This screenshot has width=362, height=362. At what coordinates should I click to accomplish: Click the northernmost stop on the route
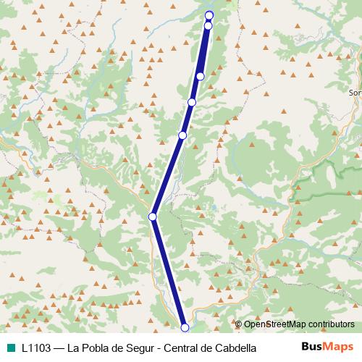[x=209, y=15]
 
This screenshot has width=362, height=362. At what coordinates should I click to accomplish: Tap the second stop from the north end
[x=208, y=26]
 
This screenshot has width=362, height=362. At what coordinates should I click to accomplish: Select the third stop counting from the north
[x=201, y=76]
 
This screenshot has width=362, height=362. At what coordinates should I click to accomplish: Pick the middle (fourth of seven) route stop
[x=192, y=102]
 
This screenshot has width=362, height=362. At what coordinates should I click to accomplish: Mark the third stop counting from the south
[x=182, y=135]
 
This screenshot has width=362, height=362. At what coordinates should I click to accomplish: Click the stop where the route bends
[x=153, y=216]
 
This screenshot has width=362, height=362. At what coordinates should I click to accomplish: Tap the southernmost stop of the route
[x=185, y=328]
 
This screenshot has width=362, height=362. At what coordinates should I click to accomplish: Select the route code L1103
[x=36, y=348]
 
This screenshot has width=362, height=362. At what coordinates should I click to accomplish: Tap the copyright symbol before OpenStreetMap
[x=238, y=325]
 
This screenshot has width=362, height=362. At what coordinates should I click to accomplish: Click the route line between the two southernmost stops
[x=169, y=272]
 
